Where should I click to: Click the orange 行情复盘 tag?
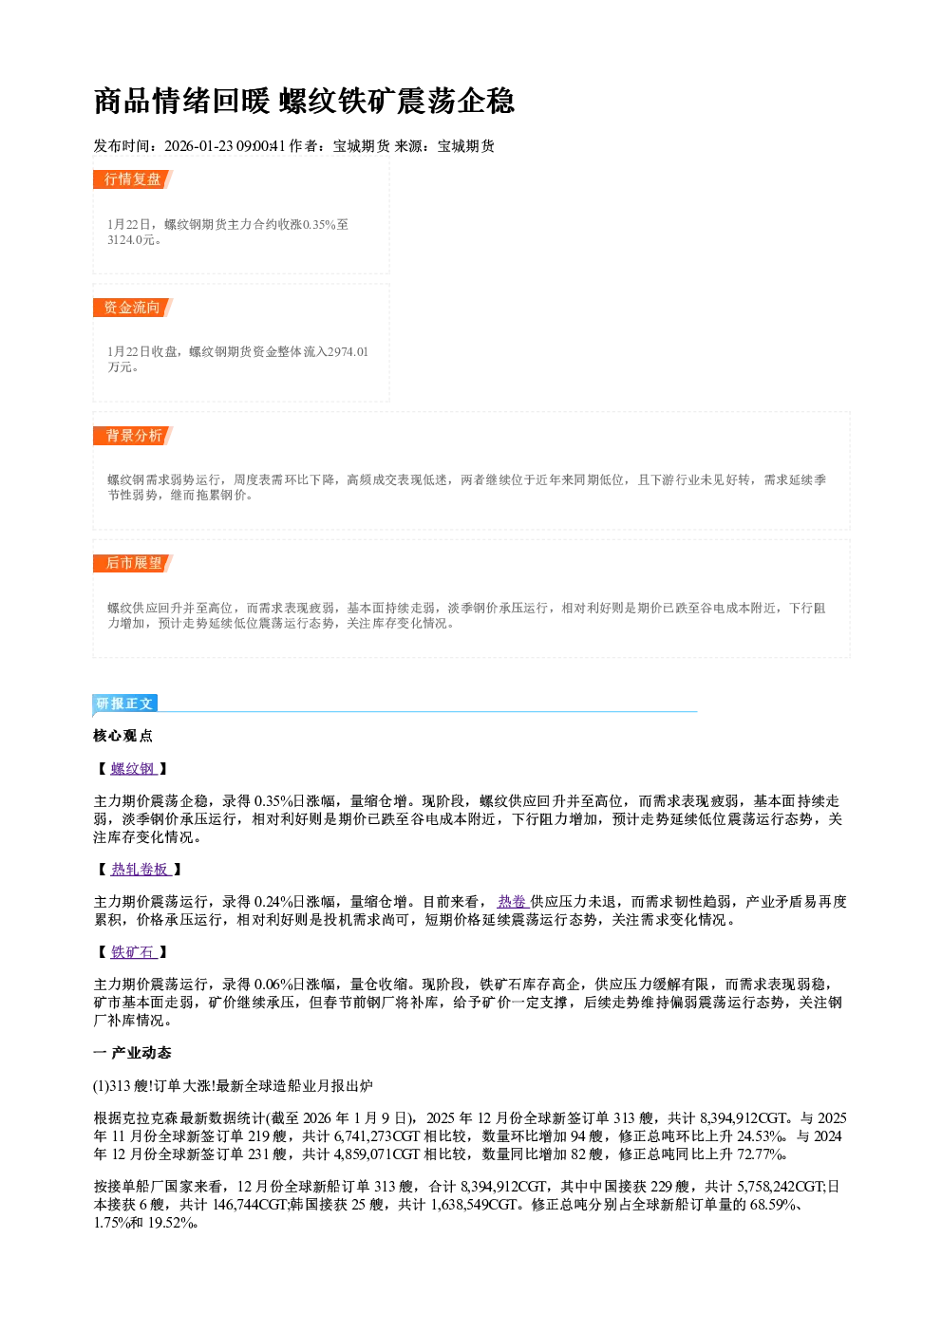pyautogui.click(x=133, y=179)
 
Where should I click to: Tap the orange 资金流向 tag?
pyautogui.click(x=133, y=308)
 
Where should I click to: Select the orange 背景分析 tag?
pyautogui.click(x=133, y=435)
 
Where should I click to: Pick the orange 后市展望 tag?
pyautogui.click(x=133, y=563)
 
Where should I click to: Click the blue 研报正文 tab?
pyautogui.click(x=125, y=704)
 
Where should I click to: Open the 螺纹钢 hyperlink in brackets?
pyautogui.click(x=133, y=769)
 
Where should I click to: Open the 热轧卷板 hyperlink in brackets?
pyautogui.click(x=141, y=870)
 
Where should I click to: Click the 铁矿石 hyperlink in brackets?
pyautogui.click(x=133, y=952)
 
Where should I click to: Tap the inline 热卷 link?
pyautogui.click(x=513, y=902)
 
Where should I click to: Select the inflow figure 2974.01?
pyautogui.click(x=348, y=352)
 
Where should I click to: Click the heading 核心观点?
pyautogui.click(x=123, y=736)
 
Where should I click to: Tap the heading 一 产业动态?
pyautogui.click(x=132, y=1053)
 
